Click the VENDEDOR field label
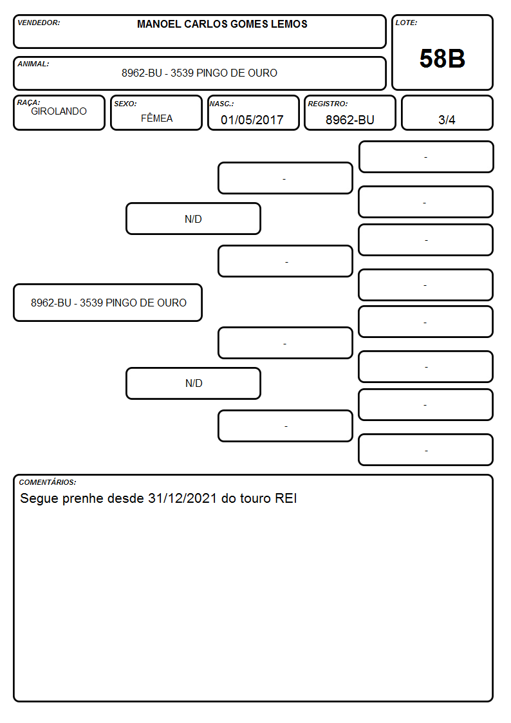pyautogui.click(x=39, y=23)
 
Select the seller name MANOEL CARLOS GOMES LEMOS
pyautogui.click(x=222, y=24)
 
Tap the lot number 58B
pyautogui.click(x=442, y=59)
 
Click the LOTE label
pyautogui.click(x=406, y=23)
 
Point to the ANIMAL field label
pyautogui.click(x=33, y=64)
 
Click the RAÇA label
pyautogui.click(x=28, y=102)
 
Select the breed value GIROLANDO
pyautogui.click(x=59, y=111)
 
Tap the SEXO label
pyautogui.click(x=125, y=104)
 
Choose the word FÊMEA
pyautogui.click(x=156, y=118)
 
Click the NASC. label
pyautogui.click(x=221, y=104)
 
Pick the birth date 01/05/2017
pyautogui.click(x=252, y=120)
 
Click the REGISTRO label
pyautogui.click(x=328, y=104)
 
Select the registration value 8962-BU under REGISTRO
pyautogui.click(x=349, y=120)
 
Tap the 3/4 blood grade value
pyautogui.click(x=447, y=120)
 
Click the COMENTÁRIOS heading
pyautogui.click(x=48, y=482)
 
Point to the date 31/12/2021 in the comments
pyautogui.click(x=183, y=498)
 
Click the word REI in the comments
pyautogui.click(x=286, y=498)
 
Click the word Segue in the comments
pyautogui.click(x=39, y=499)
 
